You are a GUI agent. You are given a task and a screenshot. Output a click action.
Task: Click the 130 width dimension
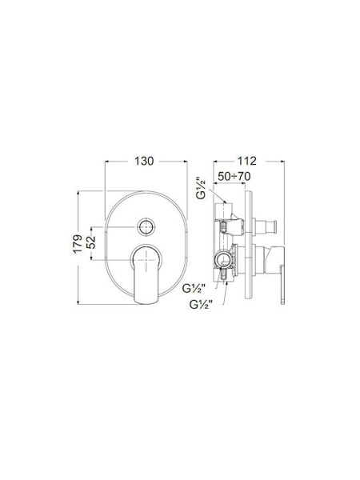(144, 161)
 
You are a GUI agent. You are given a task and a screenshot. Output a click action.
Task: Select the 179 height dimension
(78, 244)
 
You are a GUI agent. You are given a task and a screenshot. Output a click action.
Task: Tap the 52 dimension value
(91, 242)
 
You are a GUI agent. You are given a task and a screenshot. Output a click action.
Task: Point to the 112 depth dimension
(246, 161)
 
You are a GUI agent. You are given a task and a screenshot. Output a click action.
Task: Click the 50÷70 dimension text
(234, 176)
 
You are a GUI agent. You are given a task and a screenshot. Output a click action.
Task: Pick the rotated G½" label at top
(202, 188)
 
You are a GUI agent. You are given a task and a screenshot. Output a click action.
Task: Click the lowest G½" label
(201, 305)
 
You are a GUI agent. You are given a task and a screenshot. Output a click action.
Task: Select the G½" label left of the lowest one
(194, 288)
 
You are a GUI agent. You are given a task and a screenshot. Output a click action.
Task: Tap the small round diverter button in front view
(146, 227)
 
